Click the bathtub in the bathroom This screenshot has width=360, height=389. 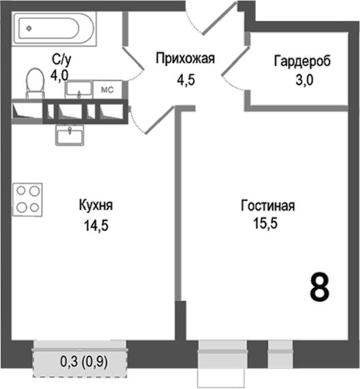[55, 29]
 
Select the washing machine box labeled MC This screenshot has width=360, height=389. [108, 89]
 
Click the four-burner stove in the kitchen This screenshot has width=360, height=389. [28, 200]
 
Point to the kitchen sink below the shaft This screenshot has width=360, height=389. [69, 135]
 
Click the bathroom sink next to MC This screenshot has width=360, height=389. [79, 89]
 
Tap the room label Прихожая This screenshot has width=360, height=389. [185, 59]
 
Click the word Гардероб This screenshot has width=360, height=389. [302, 61]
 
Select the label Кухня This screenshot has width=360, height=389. [96, 206]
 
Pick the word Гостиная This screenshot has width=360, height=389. [268, 206]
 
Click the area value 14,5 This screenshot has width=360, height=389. [97, 225]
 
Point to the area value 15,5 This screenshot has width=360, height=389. [265, 223]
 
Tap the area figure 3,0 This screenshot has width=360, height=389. [304, 80]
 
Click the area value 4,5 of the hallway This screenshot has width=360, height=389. [186, 80]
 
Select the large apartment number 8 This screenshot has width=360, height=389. [320, 287]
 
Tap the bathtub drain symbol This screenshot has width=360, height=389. [29, 29]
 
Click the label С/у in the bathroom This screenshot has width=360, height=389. [61, 59]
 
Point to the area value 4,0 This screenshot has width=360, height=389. [59, 75]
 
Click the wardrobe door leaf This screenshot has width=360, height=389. [235, 61]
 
